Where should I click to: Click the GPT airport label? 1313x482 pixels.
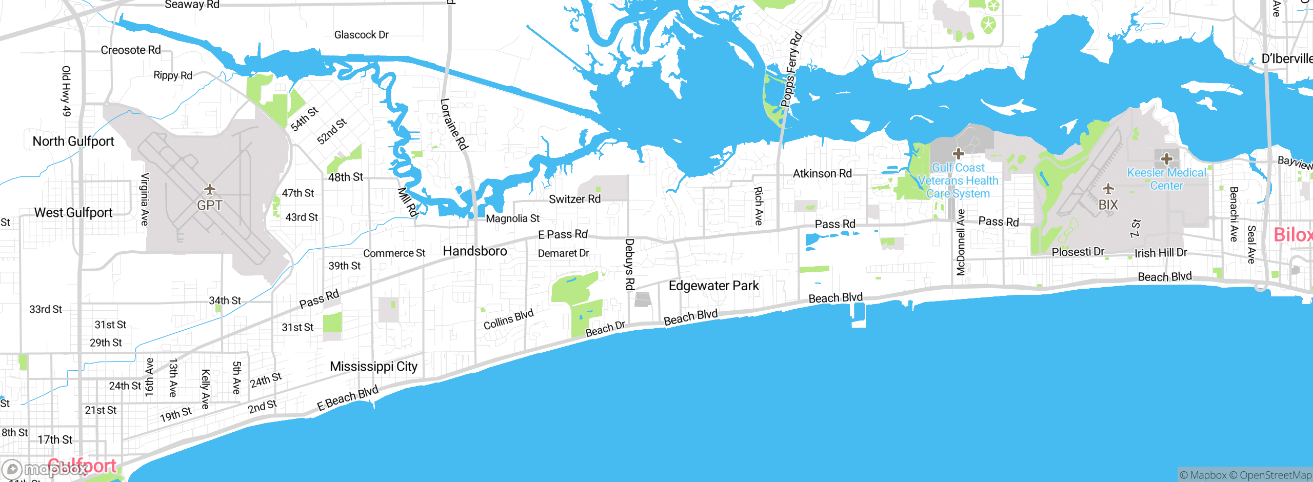point(210,205)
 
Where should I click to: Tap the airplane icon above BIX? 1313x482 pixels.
point(1108,189)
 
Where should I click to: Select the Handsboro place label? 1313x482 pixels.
point(475,251)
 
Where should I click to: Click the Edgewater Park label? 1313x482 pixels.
point(713,286)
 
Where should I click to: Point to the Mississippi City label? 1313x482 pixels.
point(373,367)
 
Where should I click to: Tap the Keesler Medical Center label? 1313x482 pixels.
point(1166,179)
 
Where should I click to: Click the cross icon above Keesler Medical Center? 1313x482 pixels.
point(1167,158)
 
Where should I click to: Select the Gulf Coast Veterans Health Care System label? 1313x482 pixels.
point(958,180)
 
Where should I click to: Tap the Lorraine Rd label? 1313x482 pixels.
point(454,124)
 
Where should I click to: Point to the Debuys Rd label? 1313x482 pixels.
point(630,264)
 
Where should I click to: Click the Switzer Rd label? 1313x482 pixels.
point(574,199)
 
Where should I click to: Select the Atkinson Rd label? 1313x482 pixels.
point(822,174)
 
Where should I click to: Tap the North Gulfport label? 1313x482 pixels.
point(73,142)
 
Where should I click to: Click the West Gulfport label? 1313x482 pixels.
point(73,213)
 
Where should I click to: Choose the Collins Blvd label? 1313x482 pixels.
point(508,319)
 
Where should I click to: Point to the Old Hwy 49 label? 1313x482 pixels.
point(66,91)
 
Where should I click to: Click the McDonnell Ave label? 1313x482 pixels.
point(961,242)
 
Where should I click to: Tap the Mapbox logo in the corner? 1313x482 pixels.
point(44,469)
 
